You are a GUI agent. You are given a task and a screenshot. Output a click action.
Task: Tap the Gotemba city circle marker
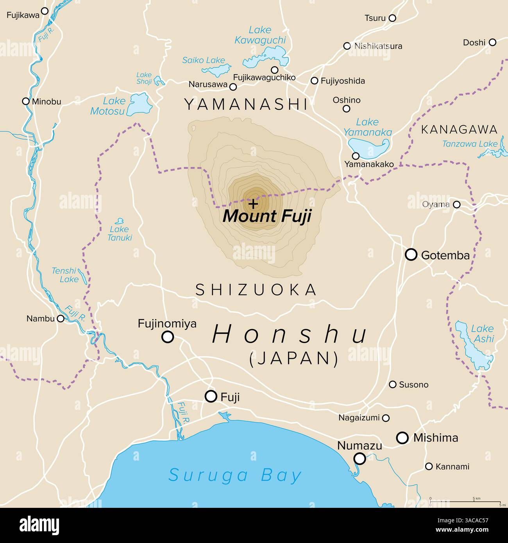411,255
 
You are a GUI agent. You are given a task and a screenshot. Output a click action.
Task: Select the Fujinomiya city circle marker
168,337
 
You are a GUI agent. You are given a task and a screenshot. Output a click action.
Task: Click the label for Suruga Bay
235,475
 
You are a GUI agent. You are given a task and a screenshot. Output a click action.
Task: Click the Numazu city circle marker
360,459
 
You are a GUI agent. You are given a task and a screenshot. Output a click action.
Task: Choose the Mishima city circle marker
402,438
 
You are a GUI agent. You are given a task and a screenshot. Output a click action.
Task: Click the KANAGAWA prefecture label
459,130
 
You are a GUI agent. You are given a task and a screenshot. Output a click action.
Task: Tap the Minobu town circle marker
26,101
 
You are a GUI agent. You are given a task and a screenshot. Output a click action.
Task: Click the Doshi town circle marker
492,42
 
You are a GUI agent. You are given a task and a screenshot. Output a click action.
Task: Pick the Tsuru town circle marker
392,18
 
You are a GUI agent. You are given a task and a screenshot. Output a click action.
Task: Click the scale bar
465,501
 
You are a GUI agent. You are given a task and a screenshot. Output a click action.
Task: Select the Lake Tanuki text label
120,233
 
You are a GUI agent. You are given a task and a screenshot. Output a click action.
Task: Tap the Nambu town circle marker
61,318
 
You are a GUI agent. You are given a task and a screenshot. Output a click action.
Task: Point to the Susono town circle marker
393,384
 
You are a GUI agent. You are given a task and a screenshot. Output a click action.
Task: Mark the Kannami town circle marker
429,466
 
